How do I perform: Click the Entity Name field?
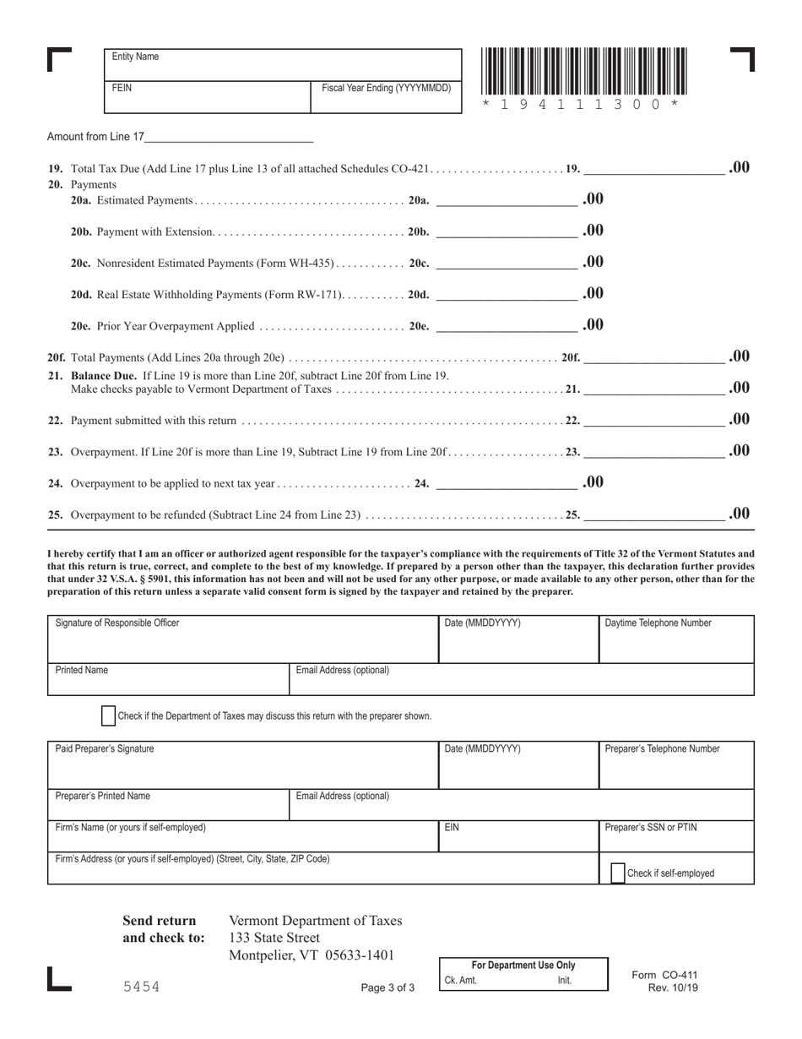pos(283,65)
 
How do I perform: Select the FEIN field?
pos(207,97)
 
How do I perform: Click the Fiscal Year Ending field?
pos(386,99)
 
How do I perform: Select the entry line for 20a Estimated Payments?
pos(506,200)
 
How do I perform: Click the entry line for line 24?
pos(506,483)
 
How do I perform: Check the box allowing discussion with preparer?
pos(108,715)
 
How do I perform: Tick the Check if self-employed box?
pos(617,873)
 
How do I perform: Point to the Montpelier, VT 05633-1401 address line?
pos(312,955)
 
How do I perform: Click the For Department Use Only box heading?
pos(523,965)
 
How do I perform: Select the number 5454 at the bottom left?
pos(141,987)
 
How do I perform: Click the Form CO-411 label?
pos(664,975)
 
